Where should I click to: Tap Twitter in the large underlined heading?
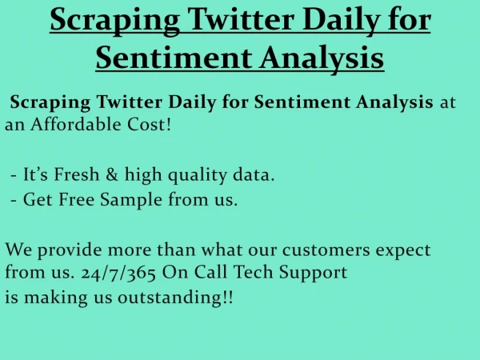point(241,19)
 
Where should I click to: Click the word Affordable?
point(75,124)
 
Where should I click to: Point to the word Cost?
point(149,124)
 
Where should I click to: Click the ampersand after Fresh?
point(112,174)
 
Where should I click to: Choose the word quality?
point(198,175)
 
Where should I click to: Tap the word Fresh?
point(77,174)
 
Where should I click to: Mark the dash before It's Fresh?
point(14,176)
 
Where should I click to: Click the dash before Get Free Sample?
point(14,201)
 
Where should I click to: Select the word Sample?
point(131,200)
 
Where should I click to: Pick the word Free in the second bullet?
point(77,199)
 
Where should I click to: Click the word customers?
point(326,250)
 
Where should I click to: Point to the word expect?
point(403,251)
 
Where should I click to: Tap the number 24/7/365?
point(118,273)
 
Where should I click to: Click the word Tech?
point(253,271)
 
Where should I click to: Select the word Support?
point(313,273)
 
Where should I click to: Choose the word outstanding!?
point(175,297)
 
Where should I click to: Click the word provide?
point(70,250)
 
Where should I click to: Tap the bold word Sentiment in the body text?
point(302,102)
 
